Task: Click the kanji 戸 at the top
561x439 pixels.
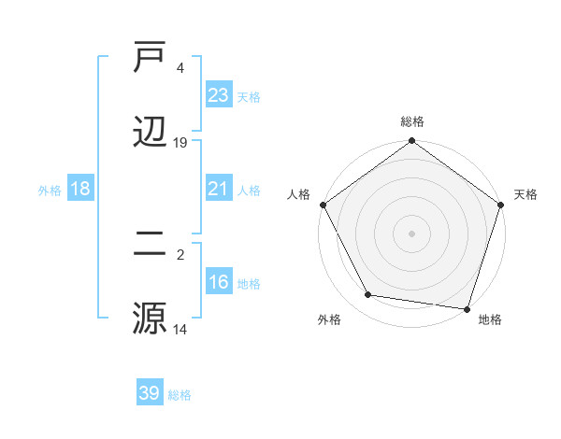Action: point(150,59)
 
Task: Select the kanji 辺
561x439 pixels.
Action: point(150,132)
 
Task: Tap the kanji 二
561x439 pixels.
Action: point(150,244)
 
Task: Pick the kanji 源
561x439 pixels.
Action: point(150,318)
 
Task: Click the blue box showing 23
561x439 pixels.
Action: point(219,95)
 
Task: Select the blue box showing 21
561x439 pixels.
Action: point(219,189)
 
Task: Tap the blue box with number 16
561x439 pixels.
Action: point(219,282)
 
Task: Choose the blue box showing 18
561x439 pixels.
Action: point(80,189)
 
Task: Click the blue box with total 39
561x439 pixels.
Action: point(150,393)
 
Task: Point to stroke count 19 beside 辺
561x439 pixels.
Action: point(180,143)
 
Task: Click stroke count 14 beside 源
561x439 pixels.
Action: point(180,329)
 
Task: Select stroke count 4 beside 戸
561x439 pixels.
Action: point(180,68)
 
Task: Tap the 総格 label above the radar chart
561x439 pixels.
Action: point(412,121)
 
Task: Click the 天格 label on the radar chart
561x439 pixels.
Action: point(526,194)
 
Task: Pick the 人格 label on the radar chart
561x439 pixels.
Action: point(298,194)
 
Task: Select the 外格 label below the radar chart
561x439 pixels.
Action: point(329,320)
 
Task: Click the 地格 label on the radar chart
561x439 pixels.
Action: point(490,320)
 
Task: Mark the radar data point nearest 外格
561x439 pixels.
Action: point(369,295)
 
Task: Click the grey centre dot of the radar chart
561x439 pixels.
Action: point(412,234)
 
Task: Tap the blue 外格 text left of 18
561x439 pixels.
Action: point(49,190)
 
